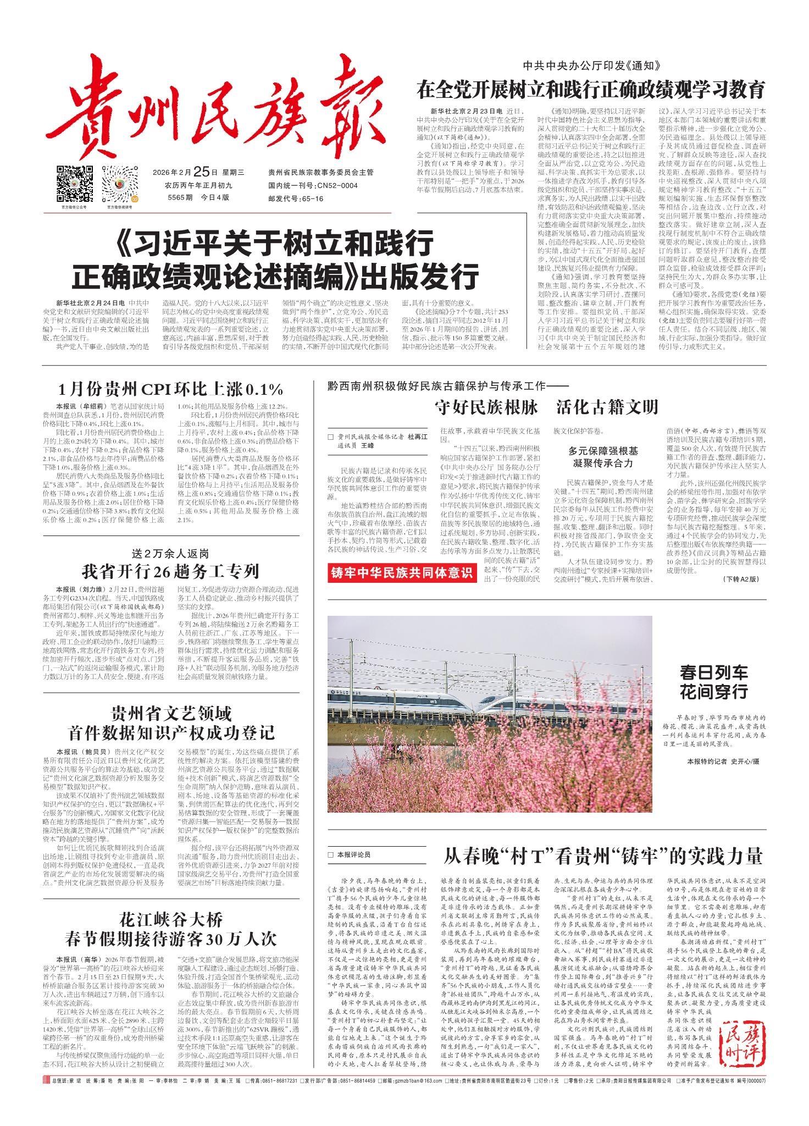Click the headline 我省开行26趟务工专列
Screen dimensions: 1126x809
pos(171,571)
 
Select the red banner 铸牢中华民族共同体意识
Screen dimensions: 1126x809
pos(402,573)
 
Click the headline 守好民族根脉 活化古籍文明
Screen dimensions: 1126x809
pos(546,407)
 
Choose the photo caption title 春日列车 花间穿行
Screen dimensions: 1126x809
pos(713,682)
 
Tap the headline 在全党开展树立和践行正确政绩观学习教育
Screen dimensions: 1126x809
pos(590,89)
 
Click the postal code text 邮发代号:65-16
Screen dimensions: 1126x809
pos(296,198)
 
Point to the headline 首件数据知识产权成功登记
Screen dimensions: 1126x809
pos(171,732)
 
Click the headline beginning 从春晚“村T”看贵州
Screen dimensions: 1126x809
pos(603,855)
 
